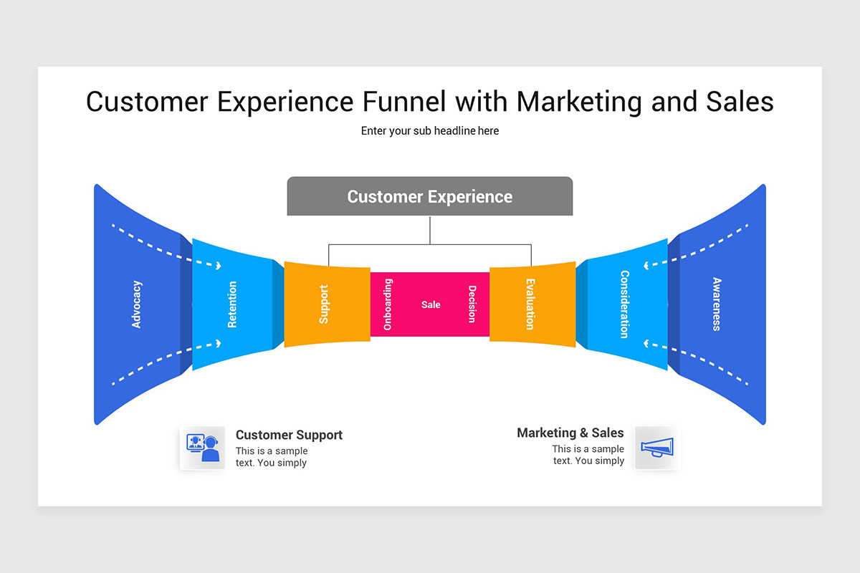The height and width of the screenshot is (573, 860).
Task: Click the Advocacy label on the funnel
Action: point(137,304)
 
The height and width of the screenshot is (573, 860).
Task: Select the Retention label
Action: point(232,304)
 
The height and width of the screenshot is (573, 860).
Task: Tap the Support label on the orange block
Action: point(324,304)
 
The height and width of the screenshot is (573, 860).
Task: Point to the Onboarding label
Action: point(388,304)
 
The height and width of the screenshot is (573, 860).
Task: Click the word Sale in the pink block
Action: point(431,304)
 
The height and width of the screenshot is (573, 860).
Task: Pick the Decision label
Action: point(472,304)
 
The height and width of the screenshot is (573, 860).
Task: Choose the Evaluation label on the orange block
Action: point(530,304)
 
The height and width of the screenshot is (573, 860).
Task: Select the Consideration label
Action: point(624,304)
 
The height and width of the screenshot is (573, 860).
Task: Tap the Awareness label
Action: point(716,304)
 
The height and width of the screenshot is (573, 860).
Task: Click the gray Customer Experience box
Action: point(430,196)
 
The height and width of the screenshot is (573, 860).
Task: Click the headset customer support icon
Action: point(202,448)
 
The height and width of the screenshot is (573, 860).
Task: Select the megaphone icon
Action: point(656,448)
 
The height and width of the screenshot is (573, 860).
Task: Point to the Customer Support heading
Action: point(289,435)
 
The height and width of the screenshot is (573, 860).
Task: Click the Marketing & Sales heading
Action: point(570,433)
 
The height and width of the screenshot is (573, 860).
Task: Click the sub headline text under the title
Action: point(430,131)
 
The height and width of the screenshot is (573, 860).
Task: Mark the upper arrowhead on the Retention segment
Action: point(218,265)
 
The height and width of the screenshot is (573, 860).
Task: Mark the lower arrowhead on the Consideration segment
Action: point(646,345)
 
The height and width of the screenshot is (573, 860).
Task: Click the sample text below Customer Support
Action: point(272,457)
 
